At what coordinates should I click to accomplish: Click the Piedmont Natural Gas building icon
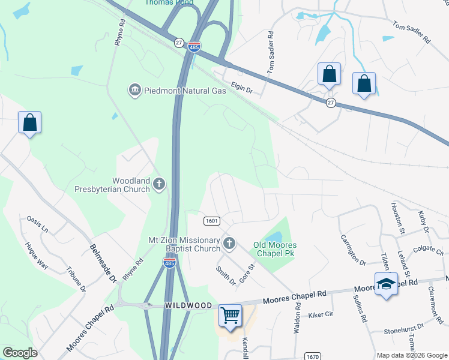coord(134,91)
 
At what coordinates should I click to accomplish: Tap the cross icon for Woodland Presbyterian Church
coord(159,184)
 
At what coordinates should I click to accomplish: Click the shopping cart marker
coord(231,315)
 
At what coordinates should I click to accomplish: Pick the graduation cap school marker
coord(386,284)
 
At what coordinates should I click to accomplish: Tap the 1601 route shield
coord(211,221)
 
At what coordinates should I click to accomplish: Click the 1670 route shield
coord(312,356)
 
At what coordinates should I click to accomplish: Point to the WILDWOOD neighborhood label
coord(188,306)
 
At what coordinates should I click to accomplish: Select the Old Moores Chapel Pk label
coord(276,249)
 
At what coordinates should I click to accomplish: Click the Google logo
coord(20,353)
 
